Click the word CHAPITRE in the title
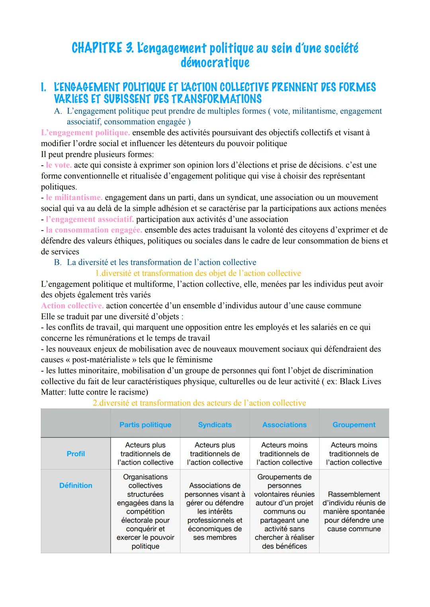pos(96,48)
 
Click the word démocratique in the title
pos(215,63)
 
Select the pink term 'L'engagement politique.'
pos(85,133)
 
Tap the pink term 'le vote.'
pos(59,165)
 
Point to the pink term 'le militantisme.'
pos(74,198)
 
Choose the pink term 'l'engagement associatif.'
pos(90,219)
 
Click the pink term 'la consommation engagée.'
pos(94,230)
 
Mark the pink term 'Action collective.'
pos(72,306)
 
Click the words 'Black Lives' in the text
pos(360,382)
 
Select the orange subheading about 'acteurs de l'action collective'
pos(199,403)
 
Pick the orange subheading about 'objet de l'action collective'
pos(198,273)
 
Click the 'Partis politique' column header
pos(145,425)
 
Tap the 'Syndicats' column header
pos(215,425)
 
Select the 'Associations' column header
pos(284,425)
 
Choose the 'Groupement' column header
pos(354,425)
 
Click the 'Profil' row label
pos(76,454)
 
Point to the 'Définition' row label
pos(76,486)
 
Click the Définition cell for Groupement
pos(354,512)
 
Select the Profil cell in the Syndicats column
pos(215,454)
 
